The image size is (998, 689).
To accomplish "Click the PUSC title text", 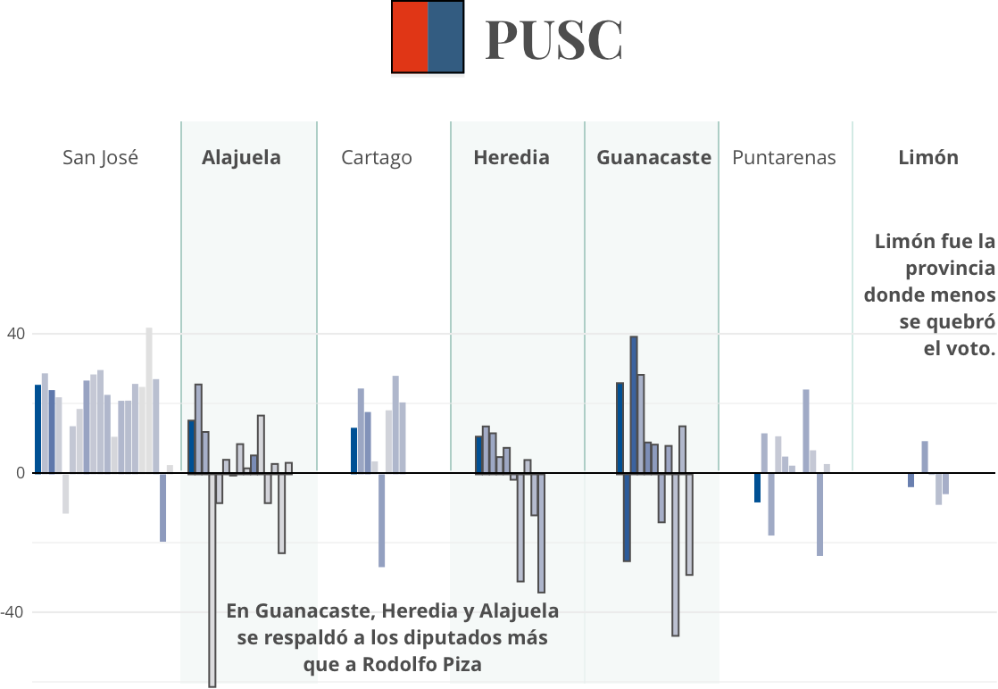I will pos(553,40).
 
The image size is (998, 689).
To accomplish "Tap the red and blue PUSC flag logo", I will pos(428,37).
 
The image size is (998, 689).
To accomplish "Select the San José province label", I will pos(100,158).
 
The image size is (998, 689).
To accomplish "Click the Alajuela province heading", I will pos(241,158).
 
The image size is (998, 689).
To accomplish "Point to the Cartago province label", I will pos(376,158).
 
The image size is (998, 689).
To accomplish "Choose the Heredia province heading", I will pos(511,158).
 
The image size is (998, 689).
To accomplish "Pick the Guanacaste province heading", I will pos(653,158).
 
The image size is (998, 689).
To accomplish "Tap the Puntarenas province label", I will pos(784,158).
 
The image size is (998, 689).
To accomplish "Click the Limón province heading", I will pos(927,158).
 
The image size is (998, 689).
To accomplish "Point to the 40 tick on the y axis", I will pos(15,334).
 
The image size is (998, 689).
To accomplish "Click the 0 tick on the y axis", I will pos(20,473).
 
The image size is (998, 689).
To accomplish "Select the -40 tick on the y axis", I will pos(13,612).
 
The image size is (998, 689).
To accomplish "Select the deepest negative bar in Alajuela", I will pos(212,579).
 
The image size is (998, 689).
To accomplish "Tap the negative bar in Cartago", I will pos(381,519).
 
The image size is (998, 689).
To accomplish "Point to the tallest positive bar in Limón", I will pos(925,456).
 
